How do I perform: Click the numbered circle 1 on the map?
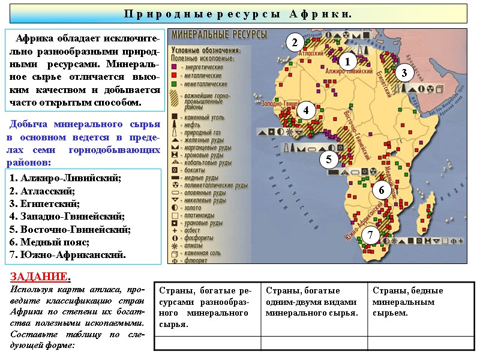(x=348, y=61)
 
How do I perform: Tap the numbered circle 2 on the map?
(x=294, y=43)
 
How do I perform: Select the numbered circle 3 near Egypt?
(x=404, y=73)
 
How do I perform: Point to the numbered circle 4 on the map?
(x=306, y=110)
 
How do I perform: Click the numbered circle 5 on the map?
(x=329, y=160)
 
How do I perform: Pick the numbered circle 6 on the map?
(x=380, y=190)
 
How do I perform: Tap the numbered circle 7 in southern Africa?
(x=371, y=235)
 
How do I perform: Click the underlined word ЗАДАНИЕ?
(x=40, y=277)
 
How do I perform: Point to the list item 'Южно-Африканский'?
(x=67, y=254)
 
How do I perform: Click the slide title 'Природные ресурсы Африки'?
(x=238, y=13)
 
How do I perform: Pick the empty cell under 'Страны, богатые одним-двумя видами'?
(x=314, y=343)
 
